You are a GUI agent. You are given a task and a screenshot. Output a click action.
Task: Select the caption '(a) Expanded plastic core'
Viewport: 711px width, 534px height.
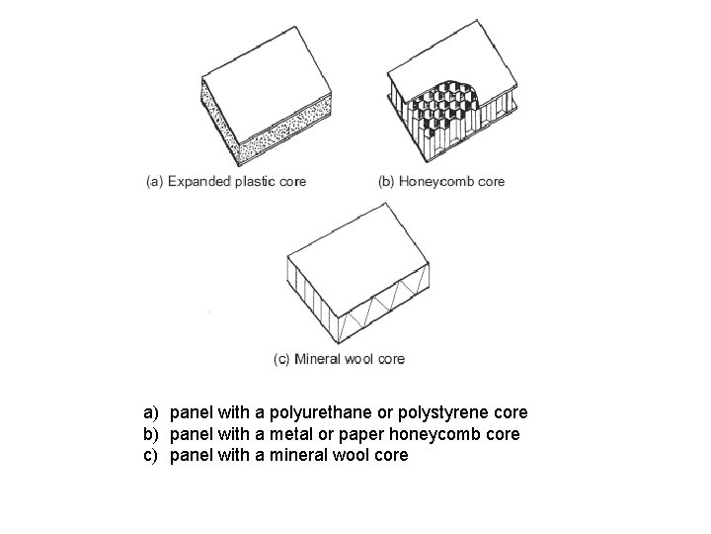coord(225,181)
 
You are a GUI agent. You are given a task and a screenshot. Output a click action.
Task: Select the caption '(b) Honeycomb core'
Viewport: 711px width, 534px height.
coord(441,181)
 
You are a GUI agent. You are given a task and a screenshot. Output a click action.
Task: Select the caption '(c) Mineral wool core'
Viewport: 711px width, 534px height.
coord(339,359)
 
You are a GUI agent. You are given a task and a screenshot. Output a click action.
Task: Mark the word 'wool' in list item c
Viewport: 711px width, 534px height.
coord(348,456)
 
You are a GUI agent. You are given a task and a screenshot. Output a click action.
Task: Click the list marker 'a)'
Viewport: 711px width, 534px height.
coord(151,412)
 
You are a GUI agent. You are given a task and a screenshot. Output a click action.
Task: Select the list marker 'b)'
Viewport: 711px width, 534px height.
coord(151,434)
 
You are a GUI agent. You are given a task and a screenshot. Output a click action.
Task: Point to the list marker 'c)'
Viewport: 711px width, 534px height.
coord(151,456)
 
